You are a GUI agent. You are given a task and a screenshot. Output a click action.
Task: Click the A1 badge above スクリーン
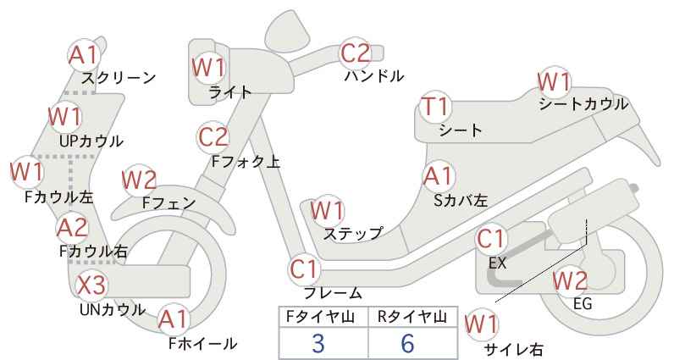coord(84,56)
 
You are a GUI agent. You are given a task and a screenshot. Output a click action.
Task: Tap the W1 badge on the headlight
coord(208,68)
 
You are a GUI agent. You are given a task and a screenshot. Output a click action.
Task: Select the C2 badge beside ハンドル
coord(356,53)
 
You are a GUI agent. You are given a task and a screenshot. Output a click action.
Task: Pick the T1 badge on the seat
coord(436,107)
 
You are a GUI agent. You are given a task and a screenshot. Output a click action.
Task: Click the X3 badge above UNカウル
coord(92,285)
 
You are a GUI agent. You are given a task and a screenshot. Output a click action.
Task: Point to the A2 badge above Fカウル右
coord(73,228)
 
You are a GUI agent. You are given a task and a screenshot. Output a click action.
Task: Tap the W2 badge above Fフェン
coord(140,180)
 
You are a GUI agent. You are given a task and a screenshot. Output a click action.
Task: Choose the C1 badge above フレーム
coord(305,269)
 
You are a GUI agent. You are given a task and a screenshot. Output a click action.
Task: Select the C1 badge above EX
coord(491,239)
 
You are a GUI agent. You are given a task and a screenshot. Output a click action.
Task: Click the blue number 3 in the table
coord(318,343)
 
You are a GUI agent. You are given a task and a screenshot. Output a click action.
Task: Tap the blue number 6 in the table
coord(407,343)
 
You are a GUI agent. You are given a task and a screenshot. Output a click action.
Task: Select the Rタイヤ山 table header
coord(412,317)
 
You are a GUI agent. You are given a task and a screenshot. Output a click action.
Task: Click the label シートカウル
coord(583,105)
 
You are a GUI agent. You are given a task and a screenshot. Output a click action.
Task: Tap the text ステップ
coord(353,234)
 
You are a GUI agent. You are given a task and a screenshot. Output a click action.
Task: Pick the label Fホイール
coord(203,344)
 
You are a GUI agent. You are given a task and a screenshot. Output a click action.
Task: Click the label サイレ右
coord(514,350)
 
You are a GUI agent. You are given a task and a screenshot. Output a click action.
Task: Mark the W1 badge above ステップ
coord(328,211)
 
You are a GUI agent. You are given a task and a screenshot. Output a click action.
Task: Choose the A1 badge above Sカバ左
coord(438,176)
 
